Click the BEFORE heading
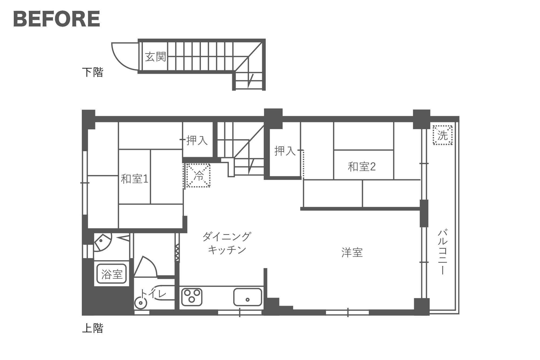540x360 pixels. click(57, 19)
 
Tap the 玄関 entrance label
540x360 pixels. click(155, 57)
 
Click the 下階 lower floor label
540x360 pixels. click(93, 72)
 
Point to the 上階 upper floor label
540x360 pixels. click(93, 328)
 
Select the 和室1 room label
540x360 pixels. click(134, 179)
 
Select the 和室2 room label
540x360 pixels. click(362, 167)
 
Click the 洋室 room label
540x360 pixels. click(352, 253)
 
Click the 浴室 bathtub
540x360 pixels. click(112, 274)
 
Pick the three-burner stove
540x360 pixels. click(192, 297)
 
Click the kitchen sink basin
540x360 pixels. click(248, 297)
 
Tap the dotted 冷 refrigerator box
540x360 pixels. click(198, 175)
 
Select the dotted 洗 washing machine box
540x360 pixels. click(443, 135)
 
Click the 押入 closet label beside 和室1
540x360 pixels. click(197, 140)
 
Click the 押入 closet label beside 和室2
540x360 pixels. click(285, 151)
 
